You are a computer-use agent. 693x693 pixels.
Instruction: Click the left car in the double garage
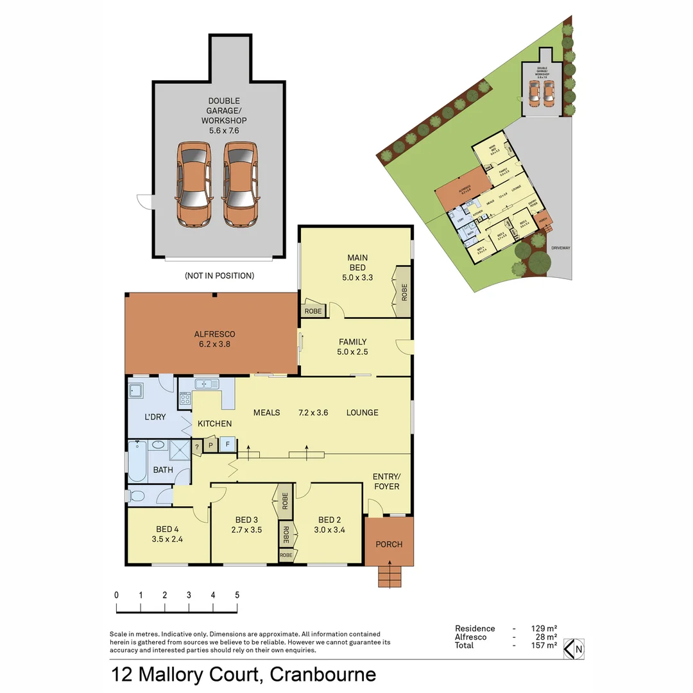[x=194, y=184]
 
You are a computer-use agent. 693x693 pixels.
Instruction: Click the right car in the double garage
[x=241, y=184]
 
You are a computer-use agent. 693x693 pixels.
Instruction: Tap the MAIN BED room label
[x=357, y=262]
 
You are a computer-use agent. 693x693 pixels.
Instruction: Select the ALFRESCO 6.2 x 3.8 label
[x=214, y=339]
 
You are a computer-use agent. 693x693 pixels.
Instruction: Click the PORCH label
[x=389, y=544]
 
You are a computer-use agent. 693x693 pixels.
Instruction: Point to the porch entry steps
[x=388, y=575]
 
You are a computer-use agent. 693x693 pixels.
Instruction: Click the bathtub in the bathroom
[x=137, y=461]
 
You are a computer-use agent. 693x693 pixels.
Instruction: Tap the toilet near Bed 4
[x=137, y=496]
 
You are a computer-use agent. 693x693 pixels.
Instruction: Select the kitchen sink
[x=207, y=384]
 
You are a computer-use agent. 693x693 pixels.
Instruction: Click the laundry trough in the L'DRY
[x=137, y=391]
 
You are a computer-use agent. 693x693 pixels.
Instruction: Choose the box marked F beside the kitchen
[x=227, y=445]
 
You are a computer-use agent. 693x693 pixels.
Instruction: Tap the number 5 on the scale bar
[x=237, y=595]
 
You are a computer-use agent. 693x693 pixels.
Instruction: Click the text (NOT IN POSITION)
[x=219, y=276]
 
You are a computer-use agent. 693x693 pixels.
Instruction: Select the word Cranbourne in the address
[x=323, y=674]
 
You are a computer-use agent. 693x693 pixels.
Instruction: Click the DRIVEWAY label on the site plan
[x=560, y=248]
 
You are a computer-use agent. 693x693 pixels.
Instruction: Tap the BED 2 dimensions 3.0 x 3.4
[x=329, y=530]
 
